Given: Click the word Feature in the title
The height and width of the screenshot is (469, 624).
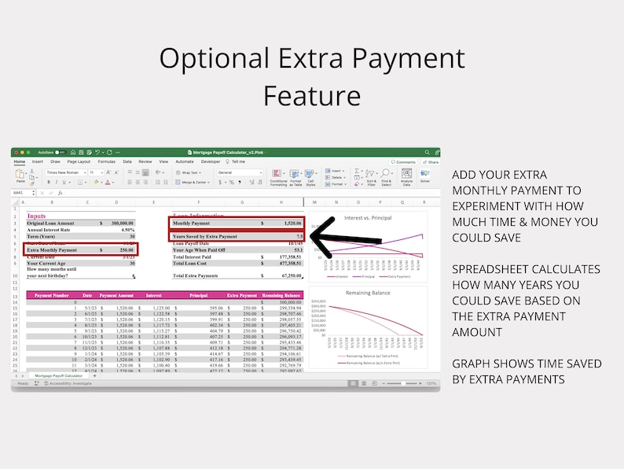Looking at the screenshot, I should tap(312, 95).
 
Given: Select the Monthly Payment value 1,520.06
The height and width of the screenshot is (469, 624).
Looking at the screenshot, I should tap(291, 223).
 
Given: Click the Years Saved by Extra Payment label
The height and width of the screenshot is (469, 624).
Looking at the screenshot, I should tap(204, 236).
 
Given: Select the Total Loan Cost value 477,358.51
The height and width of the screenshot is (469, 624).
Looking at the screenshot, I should tap(290, 263).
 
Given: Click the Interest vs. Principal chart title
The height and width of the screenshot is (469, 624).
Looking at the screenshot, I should tap(369, 217).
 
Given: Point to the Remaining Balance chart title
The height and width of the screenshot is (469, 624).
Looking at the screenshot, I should tap(369, 292).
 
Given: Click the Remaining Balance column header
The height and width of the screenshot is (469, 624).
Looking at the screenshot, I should tap(282, 294).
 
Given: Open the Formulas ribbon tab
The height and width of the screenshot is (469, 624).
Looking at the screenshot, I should tap(106, 161).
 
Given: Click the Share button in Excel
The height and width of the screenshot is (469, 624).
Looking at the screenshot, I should tap(430, 162).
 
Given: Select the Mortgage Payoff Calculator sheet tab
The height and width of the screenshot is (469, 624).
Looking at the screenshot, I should tap(60, 375).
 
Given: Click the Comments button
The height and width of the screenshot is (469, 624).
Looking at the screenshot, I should tap(404, 162).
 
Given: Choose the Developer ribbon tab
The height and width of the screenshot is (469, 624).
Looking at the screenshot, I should tap(211, 161).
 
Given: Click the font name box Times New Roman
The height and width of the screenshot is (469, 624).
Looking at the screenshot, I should tap(64, 172).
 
